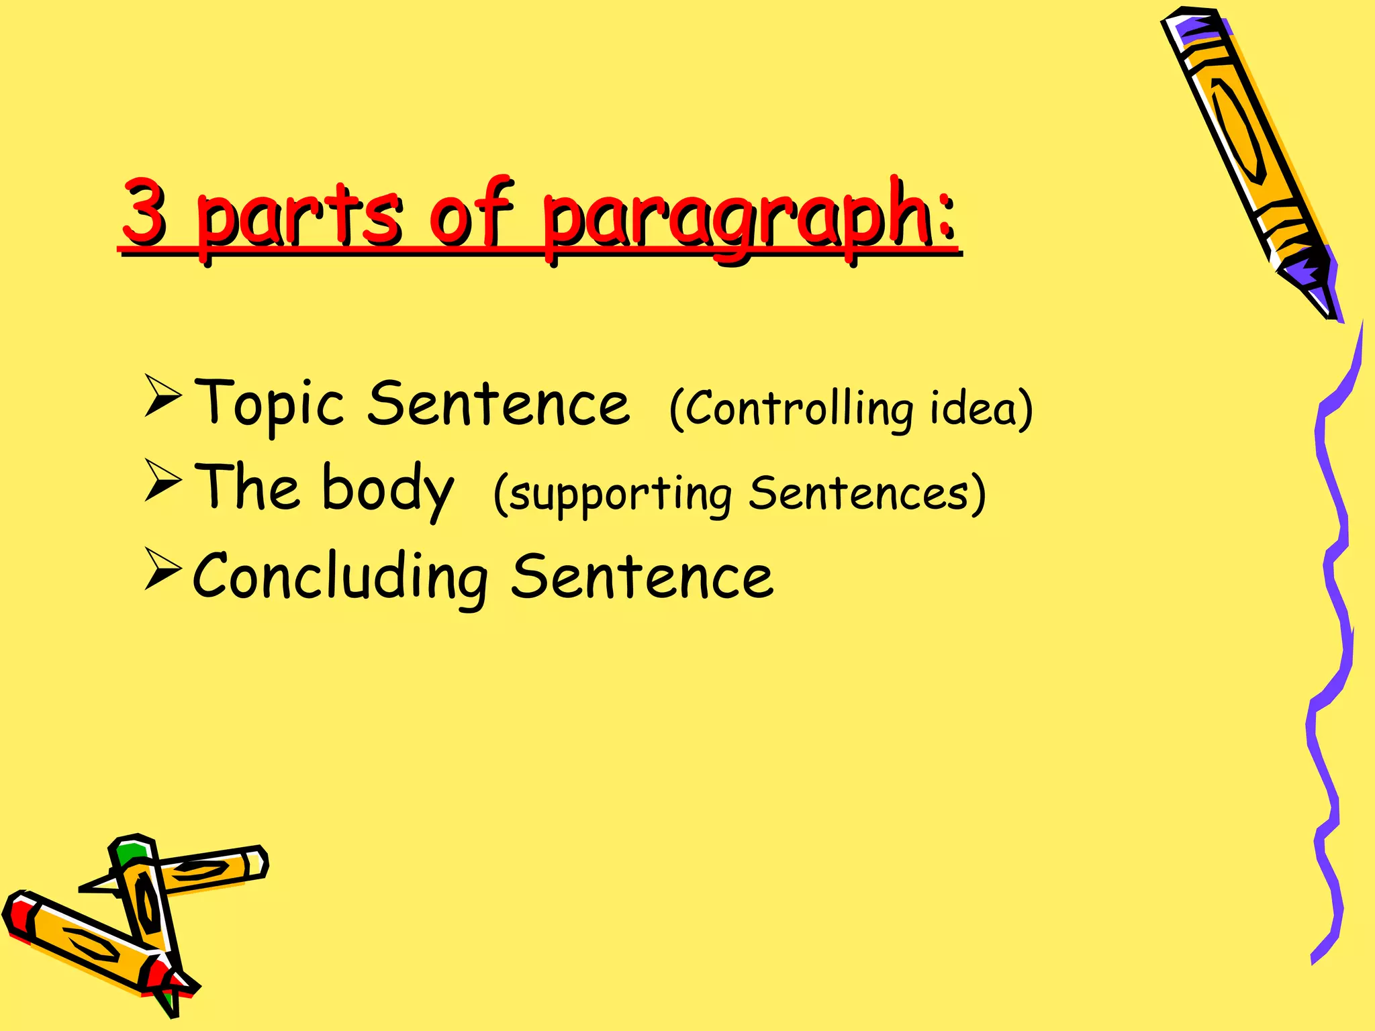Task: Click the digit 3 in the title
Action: tap(145, 212)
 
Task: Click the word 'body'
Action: tap(388, 489)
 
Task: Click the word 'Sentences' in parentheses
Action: tap(859, 493)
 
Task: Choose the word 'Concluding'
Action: tap(340, 577)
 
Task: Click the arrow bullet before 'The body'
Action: tap(162, 481)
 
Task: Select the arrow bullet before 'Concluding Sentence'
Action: tap(162, 569)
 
